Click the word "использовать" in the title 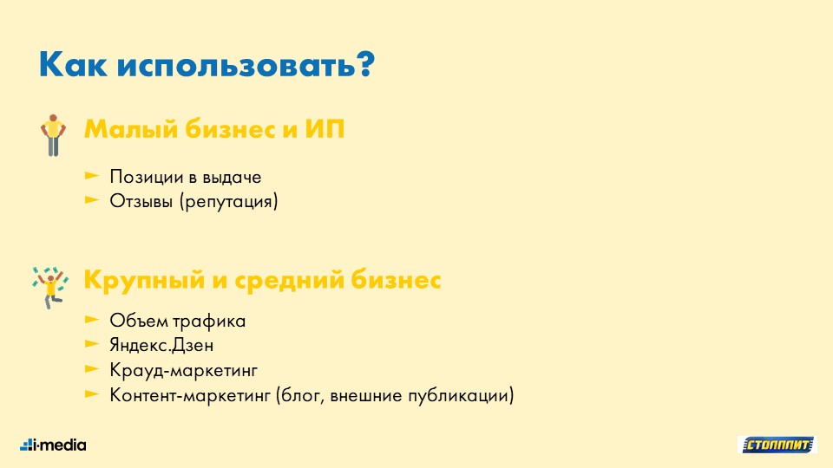pyautogui.click(x=235, y=65)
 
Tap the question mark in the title pyautogui.click(x=365, y=63)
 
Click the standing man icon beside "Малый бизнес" pyautogui.click(x=53, y=135)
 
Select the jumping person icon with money pyautogui.click(x=50, y=288)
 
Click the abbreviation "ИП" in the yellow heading pyautogui.click(x=325, y=129)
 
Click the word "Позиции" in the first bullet pyautogui.click(x=146, y=177)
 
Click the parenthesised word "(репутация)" pyautogui.click(x=228, y=202)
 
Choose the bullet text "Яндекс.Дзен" pyautogui.click(x=161, y=346)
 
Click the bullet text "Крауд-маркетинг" pyautogui.click(x=183, y=370)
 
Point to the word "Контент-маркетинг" pyautogui.click(x=190, y=395)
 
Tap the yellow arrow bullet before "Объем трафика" pyautogui.click(x=92, y=320)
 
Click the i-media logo pyautogui.click(x=53, y=445)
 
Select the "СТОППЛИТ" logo pyautogui.click(x=777, y=445)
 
